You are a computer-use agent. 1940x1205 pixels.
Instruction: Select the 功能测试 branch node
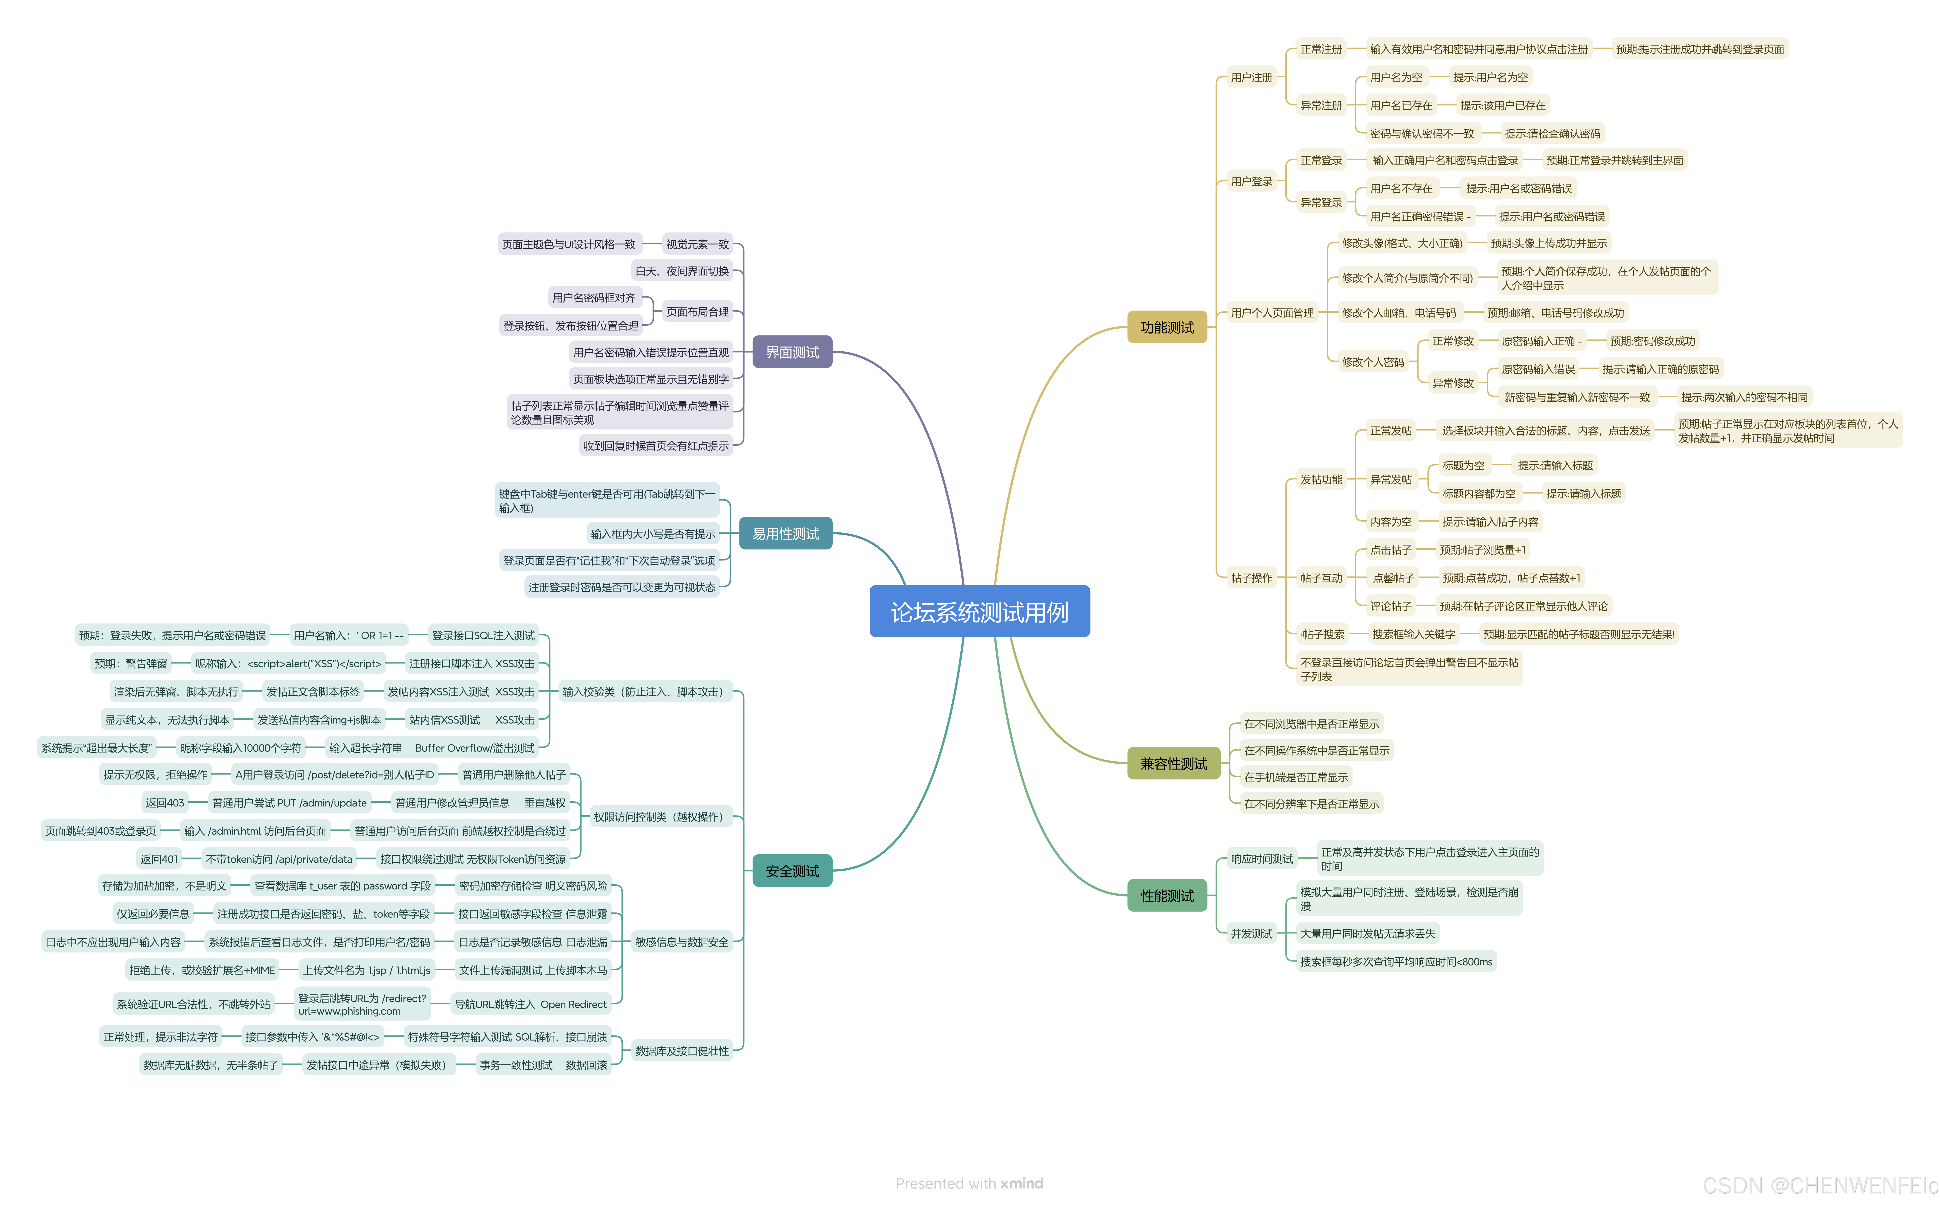(x=1166, y=328)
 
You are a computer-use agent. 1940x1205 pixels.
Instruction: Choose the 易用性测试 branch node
(x=785, y=534)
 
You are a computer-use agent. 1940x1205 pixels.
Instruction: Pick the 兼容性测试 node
(x=1173, y=764)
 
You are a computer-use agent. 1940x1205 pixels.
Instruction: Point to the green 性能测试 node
(x=1167, y=896)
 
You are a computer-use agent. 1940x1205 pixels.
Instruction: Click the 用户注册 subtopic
(x=1251, y=77)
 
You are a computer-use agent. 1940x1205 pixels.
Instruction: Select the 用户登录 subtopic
(x=1251, y=182)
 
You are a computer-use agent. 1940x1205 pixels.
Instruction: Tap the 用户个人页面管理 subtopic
(x=1272, y=313)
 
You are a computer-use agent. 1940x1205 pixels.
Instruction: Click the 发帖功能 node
(x=1321, y=480)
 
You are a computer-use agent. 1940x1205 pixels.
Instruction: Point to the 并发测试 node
(x=1251, y=933)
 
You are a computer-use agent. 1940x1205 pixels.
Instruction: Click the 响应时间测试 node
(x=1262, y=859)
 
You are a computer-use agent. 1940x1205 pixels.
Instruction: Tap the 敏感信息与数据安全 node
(x=681, y=942)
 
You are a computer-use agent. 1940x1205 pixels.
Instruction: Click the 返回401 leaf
(x=159, y=859)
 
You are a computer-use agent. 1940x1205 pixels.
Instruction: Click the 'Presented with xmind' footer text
(x=968, y=1183)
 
